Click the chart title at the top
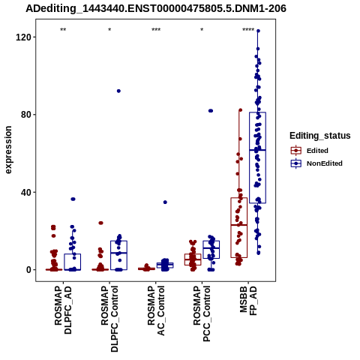click(x=156, y=9)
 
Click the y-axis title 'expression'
click(x=8, y=150)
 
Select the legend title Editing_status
click(x=320, y=136)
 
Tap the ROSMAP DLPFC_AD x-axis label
click(x=63, y=310)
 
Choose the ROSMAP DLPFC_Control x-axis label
click(x=109, y=319)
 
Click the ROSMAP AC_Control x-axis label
click(x=156, y=310)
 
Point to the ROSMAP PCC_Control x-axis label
click(x=202, y=313)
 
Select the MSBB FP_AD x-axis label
click(x=248, y=301)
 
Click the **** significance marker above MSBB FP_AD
click(x=248, y=30)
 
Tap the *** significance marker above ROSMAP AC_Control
click(x=156, y=30)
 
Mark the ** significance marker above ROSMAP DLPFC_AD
click(x=63, y=30)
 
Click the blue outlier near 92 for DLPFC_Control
click(x=118, y=91)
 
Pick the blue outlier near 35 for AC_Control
click(x=165, y=202)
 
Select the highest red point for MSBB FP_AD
click(x=241, y=110)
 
